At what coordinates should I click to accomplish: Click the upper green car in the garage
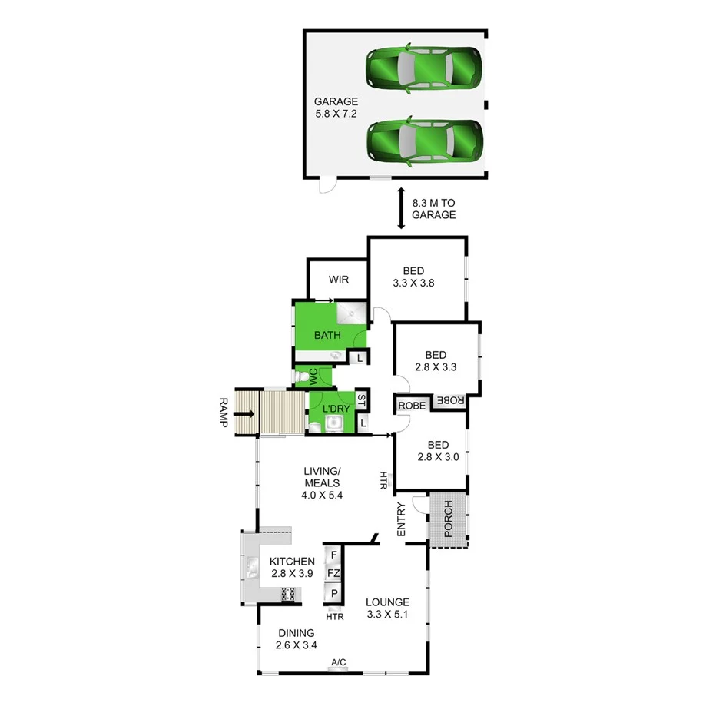pyautogui.click(x=424, y=69)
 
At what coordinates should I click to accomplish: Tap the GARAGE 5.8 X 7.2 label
pyautogui.click(x=336, y=108)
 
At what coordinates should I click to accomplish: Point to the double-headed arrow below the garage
pyautogui.click(x=400, y=209)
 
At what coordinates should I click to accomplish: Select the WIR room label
pyautogui.click(x=339, y=280)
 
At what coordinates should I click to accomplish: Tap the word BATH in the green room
pyautogui.click(x=328, y=336)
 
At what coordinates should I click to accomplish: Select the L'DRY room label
pyautogui.click(x=336, y=408)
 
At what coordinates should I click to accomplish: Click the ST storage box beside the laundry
pyautogui.click(x=362, y=399)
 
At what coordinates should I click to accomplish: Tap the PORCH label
pyautogui.click(x=448, y=519)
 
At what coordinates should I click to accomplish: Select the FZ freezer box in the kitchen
pyautogui.click(x=333, y=573)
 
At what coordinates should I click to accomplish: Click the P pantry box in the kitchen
pyautogui.click(x=333, y=593)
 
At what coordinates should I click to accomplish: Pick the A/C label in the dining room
pyautogui.click(x=339, y=662)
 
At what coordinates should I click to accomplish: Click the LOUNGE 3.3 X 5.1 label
pyautogui.click(x=387, y=608)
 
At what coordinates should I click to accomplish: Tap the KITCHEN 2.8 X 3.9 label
pyautogui.click(x=292, y=568)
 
